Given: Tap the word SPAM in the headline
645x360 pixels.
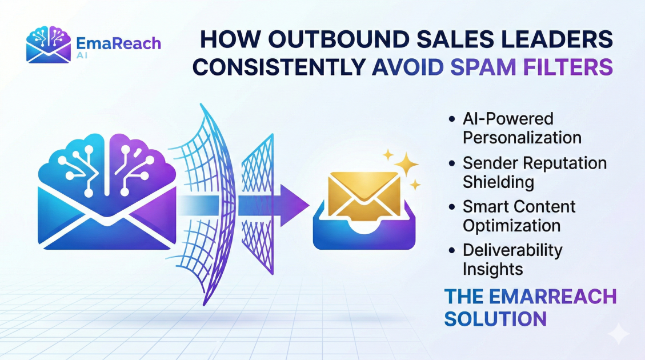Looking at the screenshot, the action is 483,67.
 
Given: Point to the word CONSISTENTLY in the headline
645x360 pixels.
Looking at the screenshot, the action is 279,67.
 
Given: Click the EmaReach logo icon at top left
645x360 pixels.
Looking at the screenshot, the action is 49,45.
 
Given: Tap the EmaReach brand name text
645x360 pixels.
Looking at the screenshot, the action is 118,43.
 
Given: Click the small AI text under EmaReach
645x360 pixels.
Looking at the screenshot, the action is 82,55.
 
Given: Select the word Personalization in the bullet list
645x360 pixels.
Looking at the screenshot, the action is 522,137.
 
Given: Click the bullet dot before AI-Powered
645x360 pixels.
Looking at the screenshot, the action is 452,119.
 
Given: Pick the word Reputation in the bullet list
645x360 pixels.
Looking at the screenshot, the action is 563,164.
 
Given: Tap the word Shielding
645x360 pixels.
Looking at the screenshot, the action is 498,182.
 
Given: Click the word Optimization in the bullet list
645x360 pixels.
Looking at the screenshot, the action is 511,226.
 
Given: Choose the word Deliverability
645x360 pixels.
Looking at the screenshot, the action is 512,250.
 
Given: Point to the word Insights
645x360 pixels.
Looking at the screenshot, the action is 493,269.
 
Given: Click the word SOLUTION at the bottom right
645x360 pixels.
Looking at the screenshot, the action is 495,319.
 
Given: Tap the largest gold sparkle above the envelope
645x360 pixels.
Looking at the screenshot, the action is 406,164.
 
